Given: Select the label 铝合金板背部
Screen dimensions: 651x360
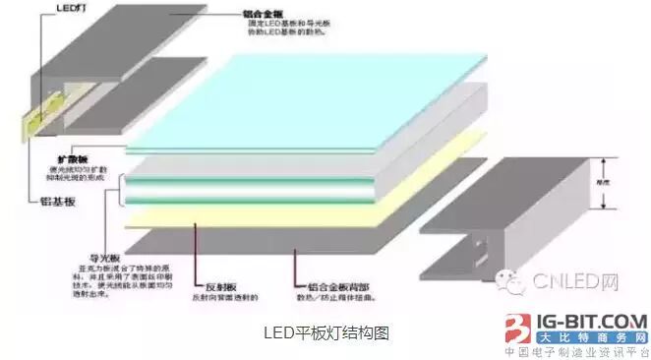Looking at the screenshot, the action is point(324,281).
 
